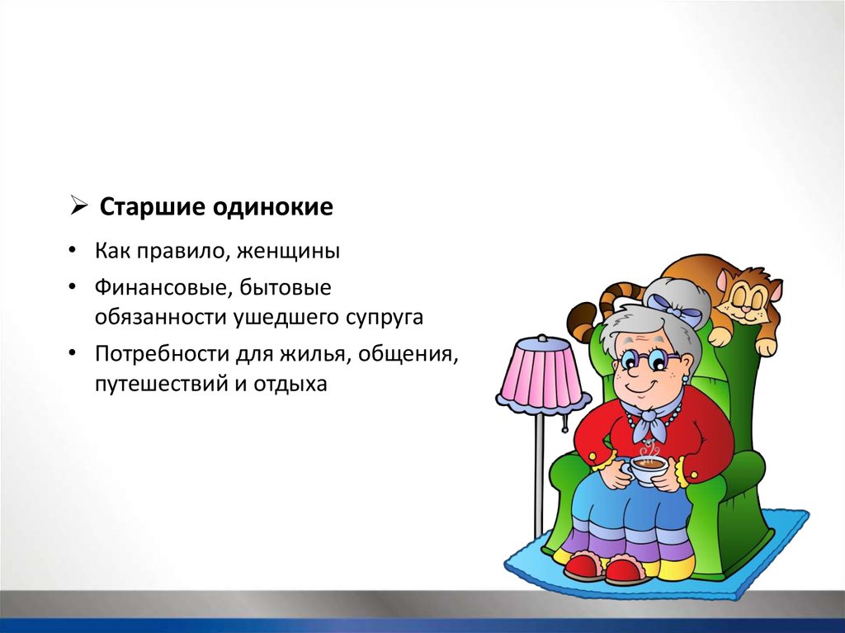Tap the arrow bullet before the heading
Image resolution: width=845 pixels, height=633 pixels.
click(x=78, y=206)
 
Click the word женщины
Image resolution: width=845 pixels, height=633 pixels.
click(x=288, y=251)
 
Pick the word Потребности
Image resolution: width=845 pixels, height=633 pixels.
click(x=163, y=355)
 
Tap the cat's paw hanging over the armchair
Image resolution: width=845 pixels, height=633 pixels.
click(x=766, y=345)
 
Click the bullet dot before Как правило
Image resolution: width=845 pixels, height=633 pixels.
click(x=73, y=251)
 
